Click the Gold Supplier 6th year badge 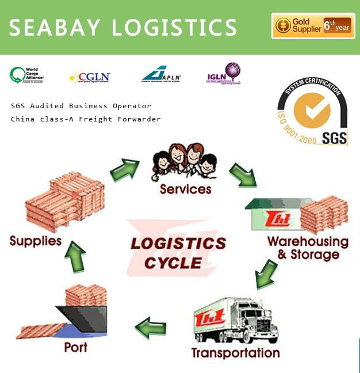(313, 26)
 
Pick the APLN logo (162, 74)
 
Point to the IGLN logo (224, 74)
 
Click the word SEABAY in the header (54, 27)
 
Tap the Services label (186, 189)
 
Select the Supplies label (36, 240)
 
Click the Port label (75, 347)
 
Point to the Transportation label (235, 352)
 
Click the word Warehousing (308, 241)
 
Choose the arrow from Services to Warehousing (243, 174)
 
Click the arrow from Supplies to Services (124, 168)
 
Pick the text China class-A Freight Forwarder (86, 119)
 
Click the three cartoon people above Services (184, 162)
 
